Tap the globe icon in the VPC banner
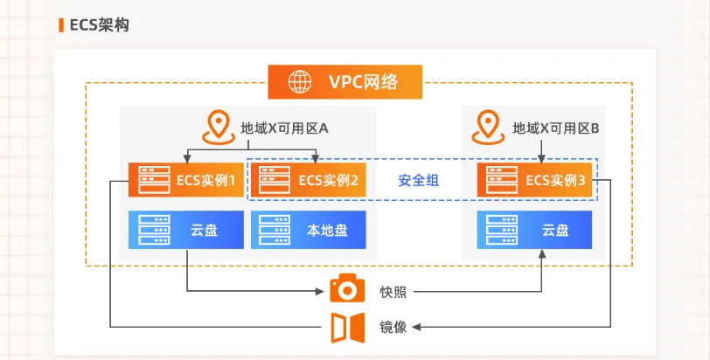pos(299,83)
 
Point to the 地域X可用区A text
pos(284,128)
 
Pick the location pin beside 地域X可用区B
pos(488,128)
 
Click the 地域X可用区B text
pos(555,128)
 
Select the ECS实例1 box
pos(184,180)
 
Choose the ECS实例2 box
pos(307,180)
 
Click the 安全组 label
pos(418,181)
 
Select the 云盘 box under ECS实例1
pos(184,230)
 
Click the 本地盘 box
pos(307,230)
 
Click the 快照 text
pos(393,292)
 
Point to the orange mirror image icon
pos(347,327)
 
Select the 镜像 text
pos(393,327)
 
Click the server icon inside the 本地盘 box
pos(271,230)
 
